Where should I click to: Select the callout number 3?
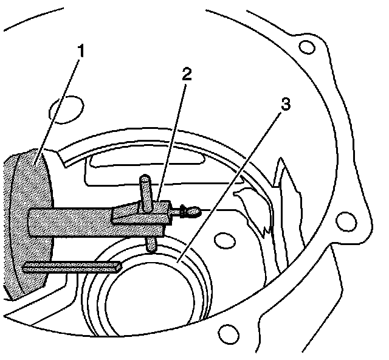[x=283, y=103]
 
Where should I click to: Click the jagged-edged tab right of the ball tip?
[x=255, y=207]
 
